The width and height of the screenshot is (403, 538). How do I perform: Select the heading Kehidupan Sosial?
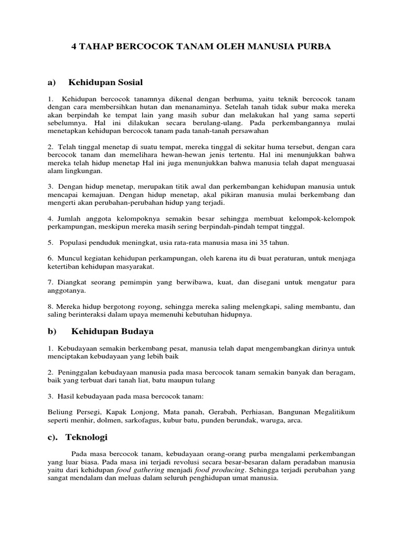coord(105,82)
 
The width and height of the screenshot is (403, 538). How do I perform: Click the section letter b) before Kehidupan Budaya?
coord(51,332)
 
